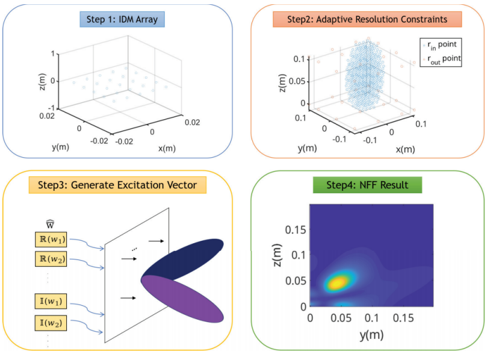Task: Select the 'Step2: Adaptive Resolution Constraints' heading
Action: pos(367,19)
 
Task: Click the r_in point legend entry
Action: pos(441,45)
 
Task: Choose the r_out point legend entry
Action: pos(442,59)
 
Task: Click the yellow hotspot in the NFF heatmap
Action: pos(338,282)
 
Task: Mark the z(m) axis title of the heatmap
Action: pos(277,255)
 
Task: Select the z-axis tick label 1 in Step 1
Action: pos(53,53)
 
